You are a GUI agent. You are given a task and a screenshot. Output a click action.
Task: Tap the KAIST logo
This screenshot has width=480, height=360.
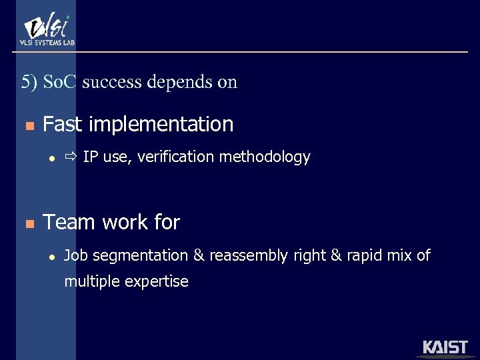[x=445, y=348]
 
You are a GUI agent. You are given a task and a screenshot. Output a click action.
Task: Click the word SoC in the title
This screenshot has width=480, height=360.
[x=61, y=82]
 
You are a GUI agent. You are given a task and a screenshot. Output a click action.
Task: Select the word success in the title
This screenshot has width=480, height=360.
[x=113, y=82]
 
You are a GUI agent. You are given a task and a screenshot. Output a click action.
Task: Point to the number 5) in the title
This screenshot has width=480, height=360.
[x=29, y=82]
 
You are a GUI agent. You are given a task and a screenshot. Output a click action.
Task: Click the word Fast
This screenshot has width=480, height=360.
[x=63, y=125]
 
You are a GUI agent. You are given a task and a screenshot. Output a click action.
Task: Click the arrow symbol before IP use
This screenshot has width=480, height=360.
[x=71, y=157]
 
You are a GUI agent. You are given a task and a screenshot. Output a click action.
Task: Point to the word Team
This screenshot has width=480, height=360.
[x=69, y=222]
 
